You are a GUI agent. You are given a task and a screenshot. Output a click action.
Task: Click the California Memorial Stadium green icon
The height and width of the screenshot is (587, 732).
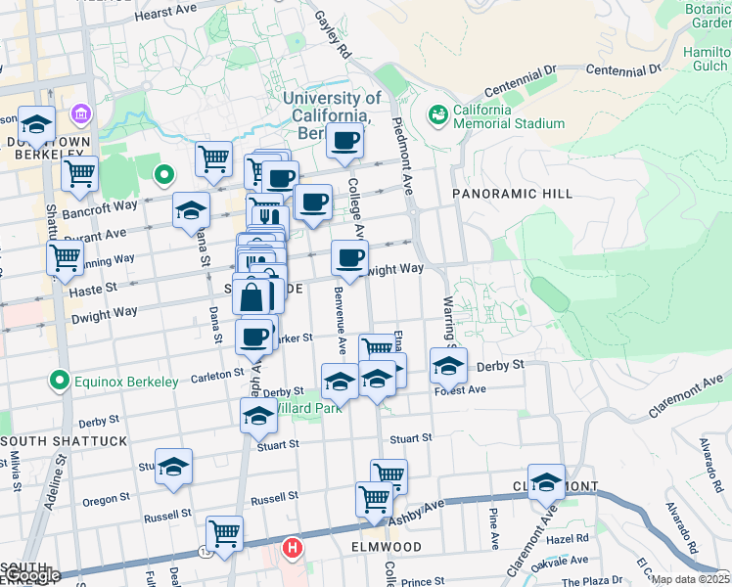(x=437, y=115)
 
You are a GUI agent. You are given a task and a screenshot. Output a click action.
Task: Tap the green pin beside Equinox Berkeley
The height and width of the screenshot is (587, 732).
(x=60, y=381)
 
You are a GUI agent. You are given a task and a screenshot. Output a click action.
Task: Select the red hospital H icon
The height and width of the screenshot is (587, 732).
(x=291, y=549)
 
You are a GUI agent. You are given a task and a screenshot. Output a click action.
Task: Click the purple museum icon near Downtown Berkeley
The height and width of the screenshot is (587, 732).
(x=77, y=116)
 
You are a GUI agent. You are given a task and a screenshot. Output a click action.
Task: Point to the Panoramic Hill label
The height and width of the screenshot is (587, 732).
(x=512, y=194)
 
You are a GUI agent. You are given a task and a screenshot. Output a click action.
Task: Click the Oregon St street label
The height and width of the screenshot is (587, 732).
(x=99, y=500)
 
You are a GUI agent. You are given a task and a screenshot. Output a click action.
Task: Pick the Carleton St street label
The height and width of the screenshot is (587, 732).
(x=216, y=374)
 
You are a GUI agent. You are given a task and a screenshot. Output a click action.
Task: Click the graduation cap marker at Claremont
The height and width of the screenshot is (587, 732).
(x=546, y=481)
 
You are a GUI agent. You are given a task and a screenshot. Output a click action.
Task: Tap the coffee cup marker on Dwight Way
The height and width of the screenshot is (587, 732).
(x=349, y=258)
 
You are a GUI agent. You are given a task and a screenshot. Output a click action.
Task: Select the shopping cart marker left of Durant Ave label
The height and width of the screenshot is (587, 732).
(x=65, y=258)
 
